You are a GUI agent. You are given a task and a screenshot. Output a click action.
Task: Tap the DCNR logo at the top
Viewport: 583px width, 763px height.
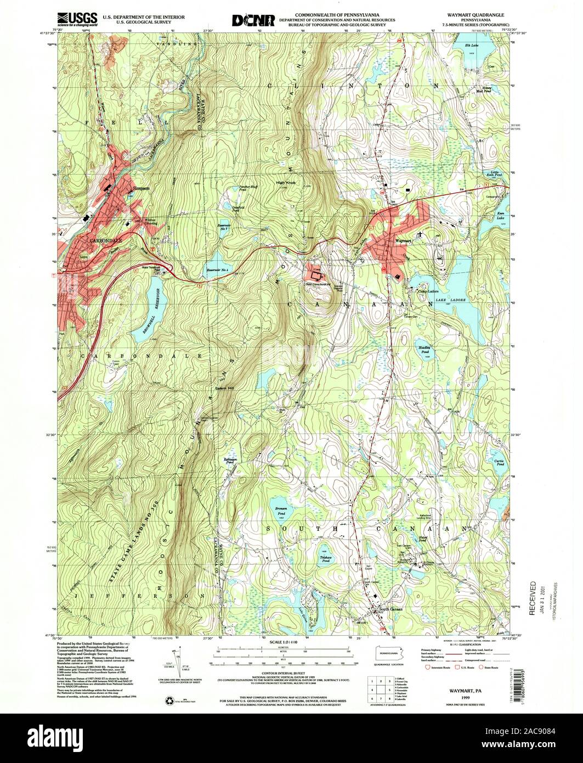(x=253, y=20)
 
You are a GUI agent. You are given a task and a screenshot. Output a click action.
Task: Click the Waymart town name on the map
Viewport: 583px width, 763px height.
(x=403, y=240)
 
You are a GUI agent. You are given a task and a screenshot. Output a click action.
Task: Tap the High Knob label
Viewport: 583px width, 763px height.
(x=286, y=183)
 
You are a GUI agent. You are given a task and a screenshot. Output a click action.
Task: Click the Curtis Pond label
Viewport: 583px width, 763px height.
(x=499, y=462)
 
